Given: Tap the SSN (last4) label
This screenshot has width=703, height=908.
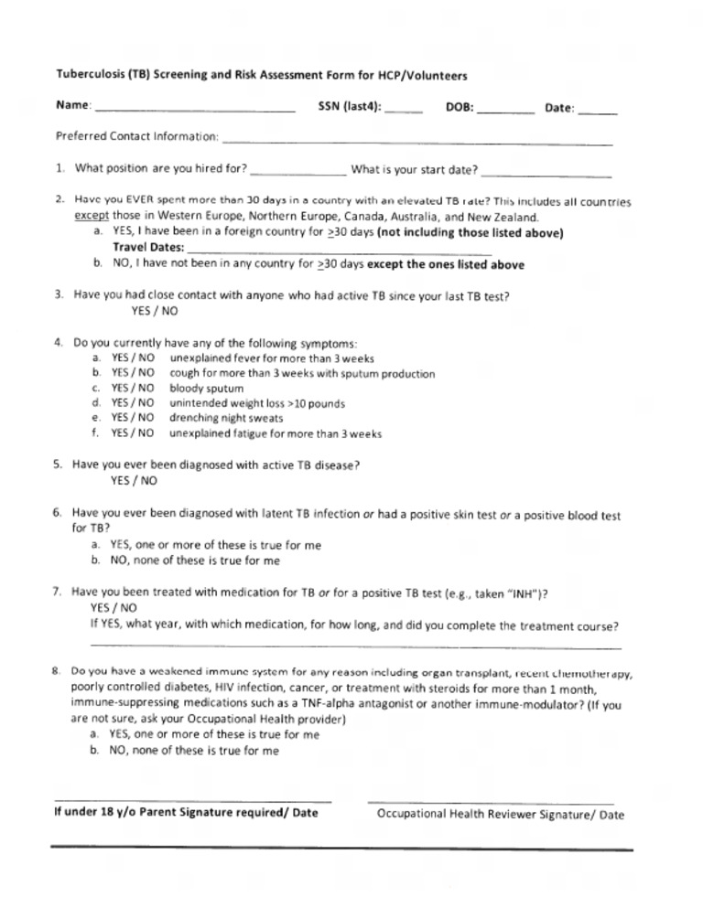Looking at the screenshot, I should (350, 107).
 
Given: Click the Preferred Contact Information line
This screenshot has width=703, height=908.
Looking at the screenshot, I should (417, 142).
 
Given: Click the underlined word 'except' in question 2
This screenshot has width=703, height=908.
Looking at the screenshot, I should (91, 218).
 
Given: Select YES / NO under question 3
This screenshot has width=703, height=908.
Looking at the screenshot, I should (154, 311).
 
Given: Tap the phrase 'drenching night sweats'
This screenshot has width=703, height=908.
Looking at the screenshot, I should (225, 418).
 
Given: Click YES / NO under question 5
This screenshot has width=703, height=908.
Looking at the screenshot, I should (134, 479).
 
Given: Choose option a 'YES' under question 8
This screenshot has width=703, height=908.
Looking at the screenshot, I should (213, 734).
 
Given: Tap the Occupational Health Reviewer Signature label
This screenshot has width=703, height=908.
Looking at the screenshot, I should (500, 814).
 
